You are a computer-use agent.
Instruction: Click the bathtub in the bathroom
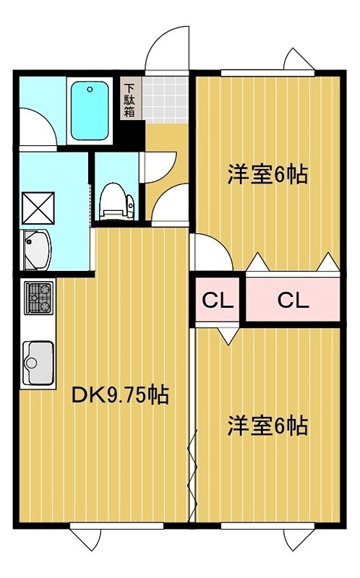click(x=90, y=111)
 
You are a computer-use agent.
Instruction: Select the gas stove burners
click(x=39, y=298)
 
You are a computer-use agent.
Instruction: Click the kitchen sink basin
click(x=38, y=363)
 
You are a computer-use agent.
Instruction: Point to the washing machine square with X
click(x=38, y=208)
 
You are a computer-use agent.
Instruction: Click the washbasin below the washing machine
click(x=37, y=249)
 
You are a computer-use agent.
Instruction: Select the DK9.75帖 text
click(x=121, y=395)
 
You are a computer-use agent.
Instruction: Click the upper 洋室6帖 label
click(x=267, y=174)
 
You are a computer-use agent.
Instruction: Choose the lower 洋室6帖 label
click(x=267, y=426)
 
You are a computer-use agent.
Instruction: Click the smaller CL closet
click(x=218, y=301)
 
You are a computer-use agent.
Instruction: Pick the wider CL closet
click(x=293, y=301)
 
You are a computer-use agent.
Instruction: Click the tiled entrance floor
click(x=166, y=100)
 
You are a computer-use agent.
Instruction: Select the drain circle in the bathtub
click(x=89, y=89)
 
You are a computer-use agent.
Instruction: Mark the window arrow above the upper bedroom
click(x=299, y=59)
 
